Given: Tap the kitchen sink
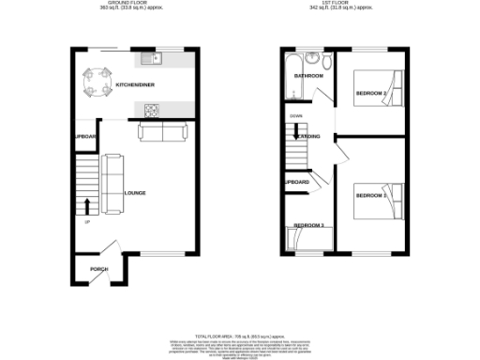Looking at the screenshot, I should pyautogui.click(x=152, y=60).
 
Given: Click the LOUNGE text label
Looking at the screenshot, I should pyautogui.click(x=134, y=193).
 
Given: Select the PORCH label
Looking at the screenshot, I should pyautogui.click(x=98, y=269).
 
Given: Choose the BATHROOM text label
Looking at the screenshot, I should pyautogui.click(x=309, y=75).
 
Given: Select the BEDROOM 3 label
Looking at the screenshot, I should pyautogui.click(x=308, y=226).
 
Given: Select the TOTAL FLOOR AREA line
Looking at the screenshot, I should pyautogui.click(x=239, y=333).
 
